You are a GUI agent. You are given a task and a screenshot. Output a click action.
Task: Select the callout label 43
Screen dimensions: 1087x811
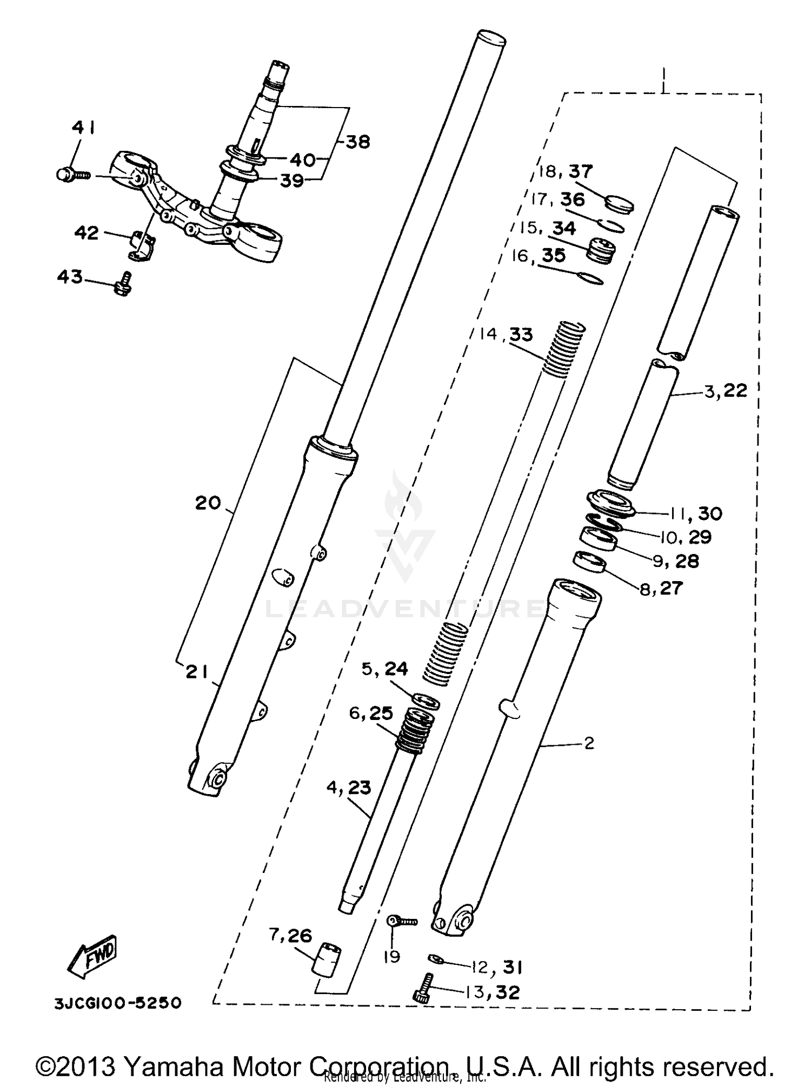(x=70, y=277)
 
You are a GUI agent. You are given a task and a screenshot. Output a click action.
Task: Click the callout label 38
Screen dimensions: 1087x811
(x=357, y=142)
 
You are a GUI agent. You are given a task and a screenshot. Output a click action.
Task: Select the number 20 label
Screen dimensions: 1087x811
(x=208, y=503)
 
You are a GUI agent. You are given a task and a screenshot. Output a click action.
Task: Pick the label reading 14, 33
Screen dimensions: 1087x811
(x=506, y=335)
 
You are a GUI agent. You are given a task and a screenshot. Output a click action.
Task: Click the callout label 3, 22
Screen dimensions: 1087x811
(x=726, y=390)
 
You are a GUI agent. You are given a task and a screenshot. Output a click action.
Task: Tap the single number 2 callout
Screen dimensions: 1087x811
(x=589, y=743)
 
